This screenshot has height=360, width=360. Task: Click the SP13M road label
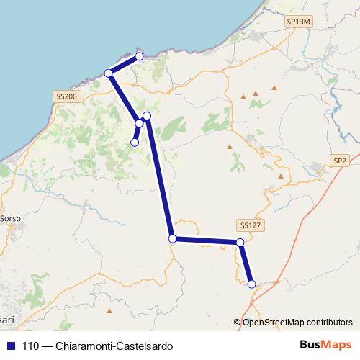[x=297, y=22]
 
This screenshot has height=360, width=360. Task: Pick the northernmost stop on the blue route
[x=140, y=56]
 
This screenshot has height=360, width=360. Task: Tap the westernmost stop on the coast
[x=109, y=73]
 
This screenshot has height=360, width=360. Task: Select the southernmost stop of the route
[x=251, y=284]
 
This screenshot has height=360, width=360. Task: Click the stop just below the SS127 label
[x=240, y=243]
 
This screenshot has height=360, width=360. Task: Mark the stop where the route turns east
[x=172, y=238]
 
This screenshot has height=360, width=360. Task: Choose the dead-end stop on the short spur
[x=134, y=143]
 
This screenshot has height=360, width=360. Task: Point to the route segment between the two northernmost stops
[x=124, y=64]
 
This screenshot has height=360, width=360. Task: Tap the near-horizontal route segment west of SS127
[x=206, y=240]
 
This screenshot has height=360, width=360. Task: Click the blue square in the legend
[x=11, y=346]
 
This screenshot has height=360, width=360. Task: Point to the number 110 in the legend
[x=30, y=346]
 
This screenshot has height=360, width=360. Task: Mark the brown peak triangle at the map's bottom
[x=109, y=311]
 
